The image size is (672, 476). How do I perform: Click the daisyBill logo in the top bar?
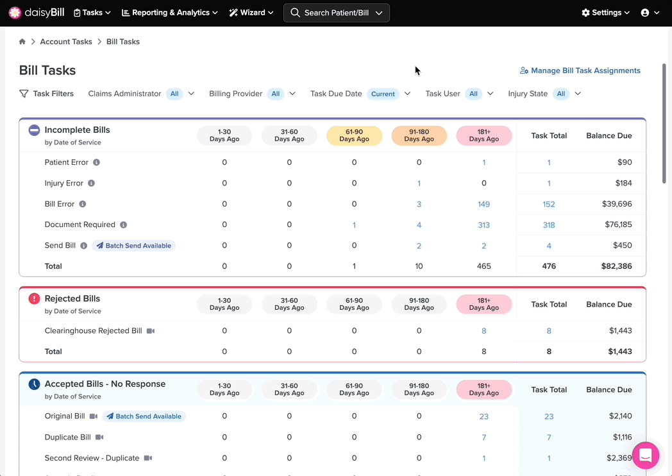37,13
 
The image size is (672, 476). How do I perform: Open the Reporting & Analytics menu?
170,13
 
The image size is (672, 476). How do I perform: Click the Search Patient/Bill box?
337,13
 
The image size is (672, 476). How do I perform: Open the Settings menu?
605,13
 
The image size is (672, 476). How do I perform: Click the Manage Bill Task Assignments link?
580,71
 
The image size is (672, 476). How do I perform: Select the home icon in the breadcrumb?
22,42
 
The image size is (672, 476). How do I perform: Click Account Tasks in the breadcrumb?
66,42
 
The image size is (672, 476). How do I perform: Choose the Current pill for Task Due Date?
383,94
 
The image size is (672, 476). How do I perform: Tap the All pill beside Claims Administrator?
174,94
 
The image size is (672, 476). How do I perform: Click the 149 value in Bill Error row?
484,204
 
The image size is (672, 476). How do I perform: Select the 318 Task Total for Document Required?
549,225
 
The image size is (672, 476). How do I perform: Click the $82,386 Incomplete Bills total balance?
616,266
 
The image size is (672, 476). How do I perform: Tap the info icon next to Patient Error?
96,162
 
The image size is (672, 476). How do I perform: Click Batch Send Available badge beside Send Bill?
134,246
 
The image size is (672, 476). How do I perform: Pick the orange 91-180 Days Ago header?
419,135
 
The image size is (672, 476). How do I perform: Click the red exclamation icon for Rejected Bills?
34,298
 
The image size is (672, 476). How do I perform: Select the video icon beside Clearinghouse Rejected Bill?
151,331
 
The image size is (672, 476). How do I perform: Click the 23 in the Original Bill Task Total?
549,416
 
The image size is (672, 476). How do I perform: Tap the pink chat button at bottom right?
646,455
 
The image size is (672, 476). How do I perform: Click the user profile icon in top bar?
645,13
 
